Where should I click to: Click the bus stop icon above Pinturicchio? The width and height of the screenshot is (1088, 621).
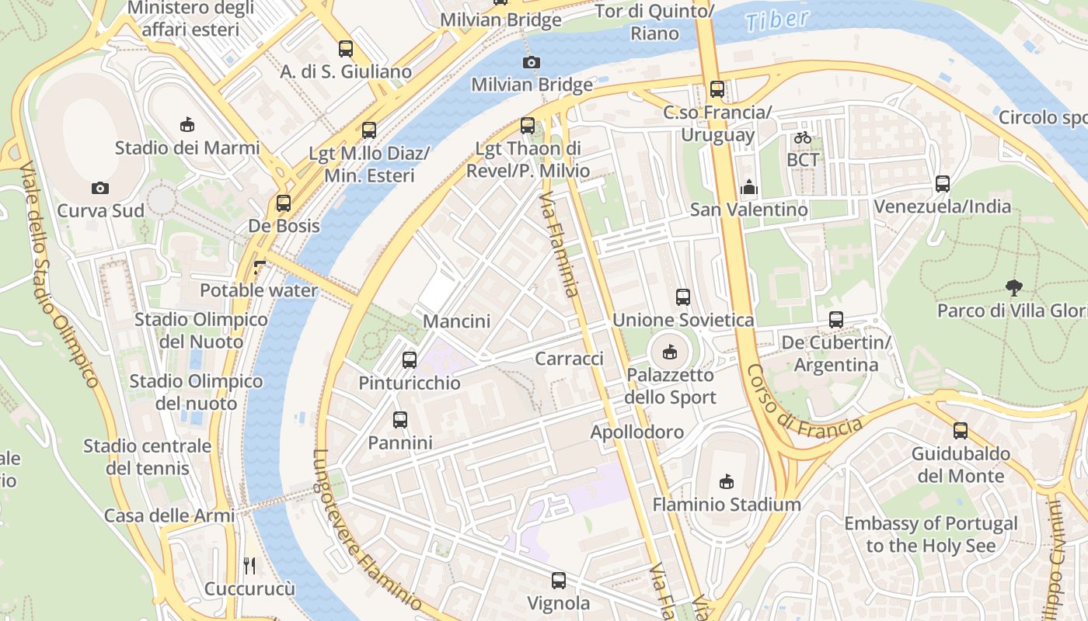pos(410,360)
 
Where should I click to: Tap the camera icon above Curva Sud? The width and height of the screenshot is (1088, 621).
pos(99,188)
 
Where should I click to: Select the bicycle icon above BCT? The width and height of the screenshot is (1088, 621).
pos(803,137)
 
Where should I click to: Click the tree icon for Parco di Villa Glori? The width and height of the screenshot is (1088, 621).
pos(1013,288)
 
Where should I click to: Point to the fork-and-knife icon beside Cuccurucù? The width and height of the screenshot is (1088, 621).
pos(249,565)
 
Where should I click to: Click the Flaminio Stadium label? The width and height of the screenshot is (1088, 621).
pos(726,505)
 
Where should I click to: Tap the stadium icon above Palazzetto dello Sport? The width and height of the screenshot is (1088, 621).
pos(669,352)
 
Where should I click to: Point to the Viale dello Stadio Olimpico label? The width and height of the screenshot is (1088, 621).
pos(59,276)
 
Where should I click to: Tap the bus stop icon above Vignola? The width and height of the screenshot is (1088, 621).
pos(558,580)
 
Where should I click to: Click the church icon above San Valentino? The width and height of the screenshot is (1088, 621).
pos(748,187)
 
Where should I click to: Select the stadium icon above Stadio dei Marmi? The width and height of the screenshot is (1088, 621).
pos(187,124)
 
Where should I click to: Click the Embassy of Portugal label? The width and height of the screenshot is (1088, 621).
pos(930,534)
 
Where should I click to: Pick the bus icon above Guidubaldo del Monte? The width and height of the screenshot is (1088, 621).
pos(961,431)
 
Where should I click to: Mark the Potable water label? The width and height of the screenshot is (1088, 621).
pos(259,290)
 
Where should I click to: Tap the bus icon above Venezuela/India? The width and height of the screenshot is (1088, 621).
pos(942,184)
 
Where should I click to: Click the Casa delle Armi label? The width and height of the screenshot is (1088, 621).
pos(169,515)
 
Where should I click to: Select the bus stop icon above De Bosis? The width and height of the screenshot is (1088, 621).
pos(284,203)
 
